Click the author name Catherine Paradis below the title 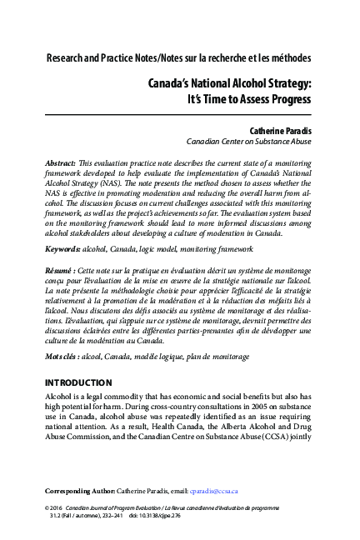pyautogui.click(x=274, y=131)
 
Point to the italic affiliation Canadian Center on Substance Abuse pyautogui.click(x=248, y=142)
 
